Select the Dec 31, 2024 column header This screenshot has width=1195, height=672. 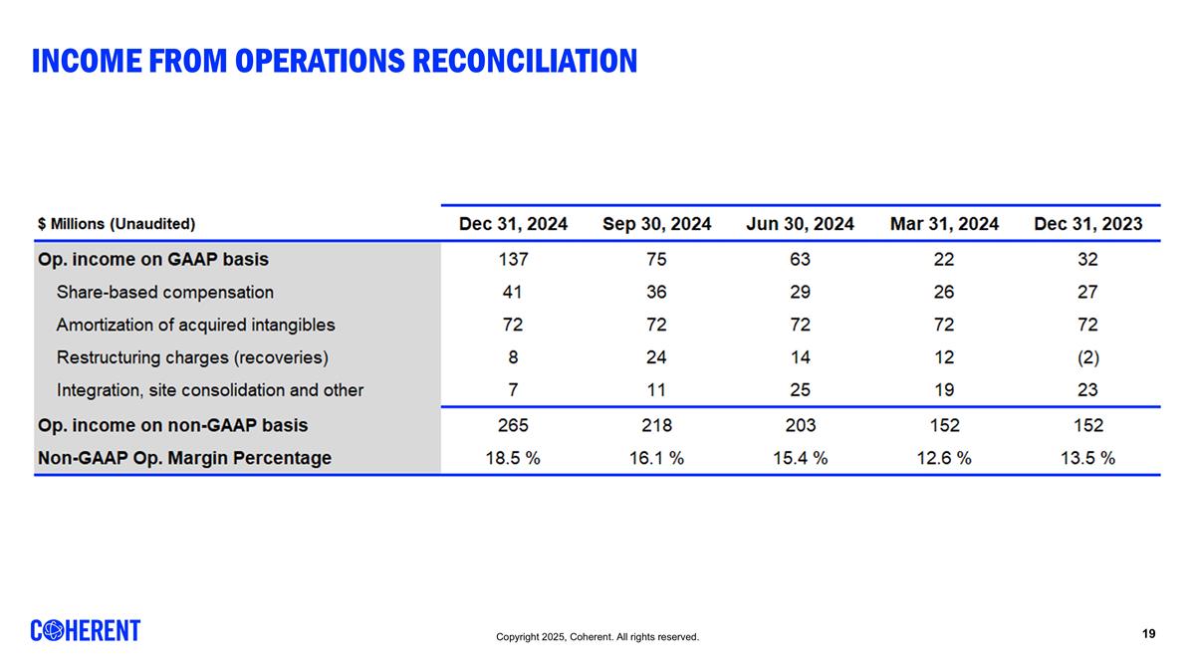(513, 224)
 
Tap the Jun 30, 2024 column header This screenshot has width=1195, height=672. (800, 224)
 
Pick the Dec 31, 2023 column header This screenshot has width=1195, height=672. (1087, 224)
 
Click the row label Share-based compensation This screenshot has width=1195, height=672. (164, 293)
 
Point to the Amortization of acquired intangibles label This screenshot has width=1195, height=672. (195, 325)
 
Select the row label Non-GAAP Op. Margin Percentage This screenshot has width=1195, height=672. (184, 458)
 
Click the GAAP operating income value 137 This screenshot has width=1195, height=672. (513, 260)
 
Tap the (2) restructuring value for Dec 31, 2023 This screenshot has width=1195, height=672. (1087, 357)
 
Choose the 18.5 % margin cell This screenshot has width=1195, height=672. (513, 458)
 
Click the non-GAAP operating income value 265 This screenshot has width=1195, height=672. (513, 425)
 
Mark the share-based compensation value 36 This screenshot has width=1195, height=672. (656, 293)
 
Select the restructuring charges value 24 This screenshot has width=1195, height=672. (656, 357)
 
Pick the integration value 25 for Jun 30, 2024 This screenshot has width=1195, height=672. (800, 390)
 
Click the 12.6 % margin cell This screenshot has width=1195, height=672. (944, 458)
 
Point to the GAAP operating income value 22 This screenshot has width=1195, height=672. (944, 260)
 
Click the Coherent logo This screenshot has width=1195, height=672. (86, 631)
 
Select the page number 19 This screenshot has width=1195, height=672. (1148, 634)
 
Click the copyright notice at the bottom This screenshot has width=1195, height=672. (597, 637)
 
